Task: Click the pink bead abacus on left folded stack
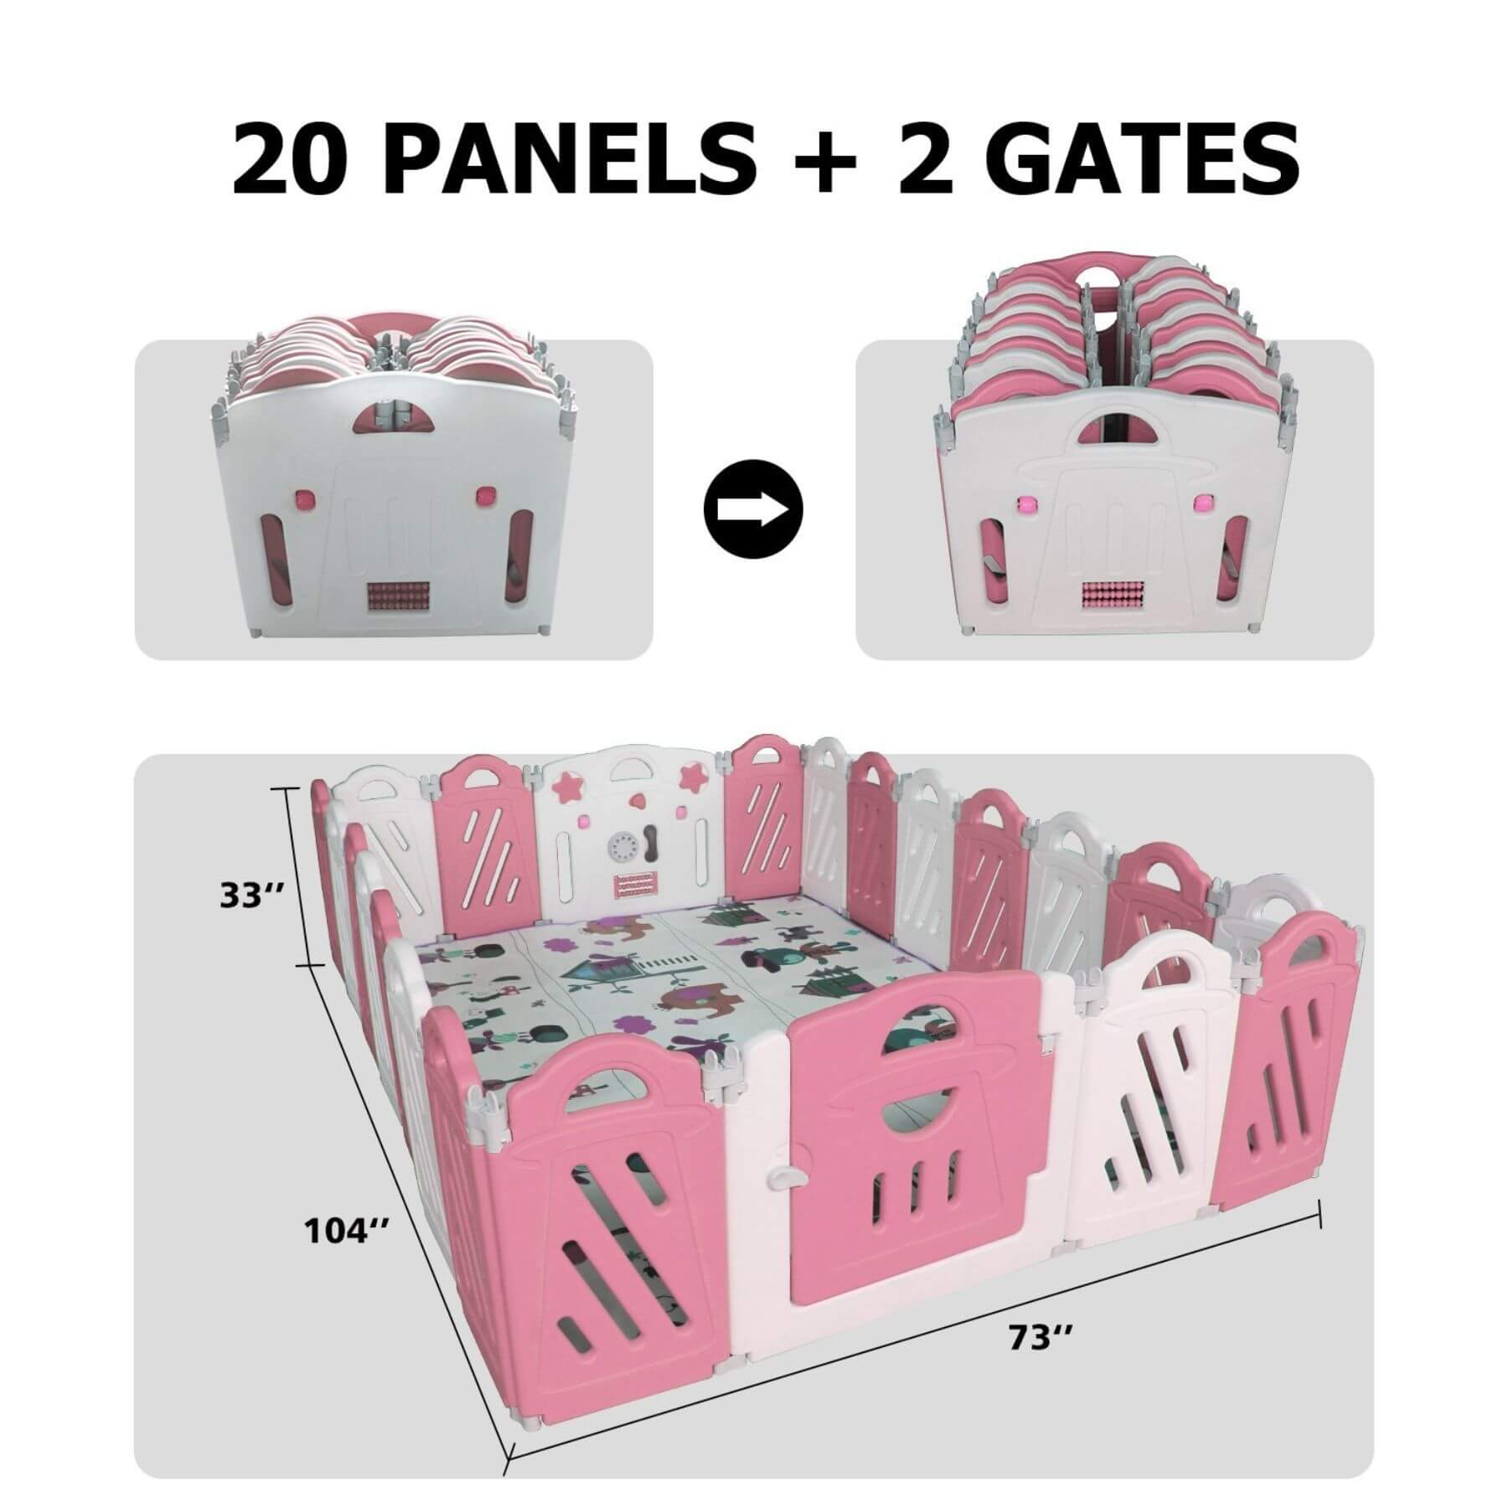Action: (393, 602)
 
